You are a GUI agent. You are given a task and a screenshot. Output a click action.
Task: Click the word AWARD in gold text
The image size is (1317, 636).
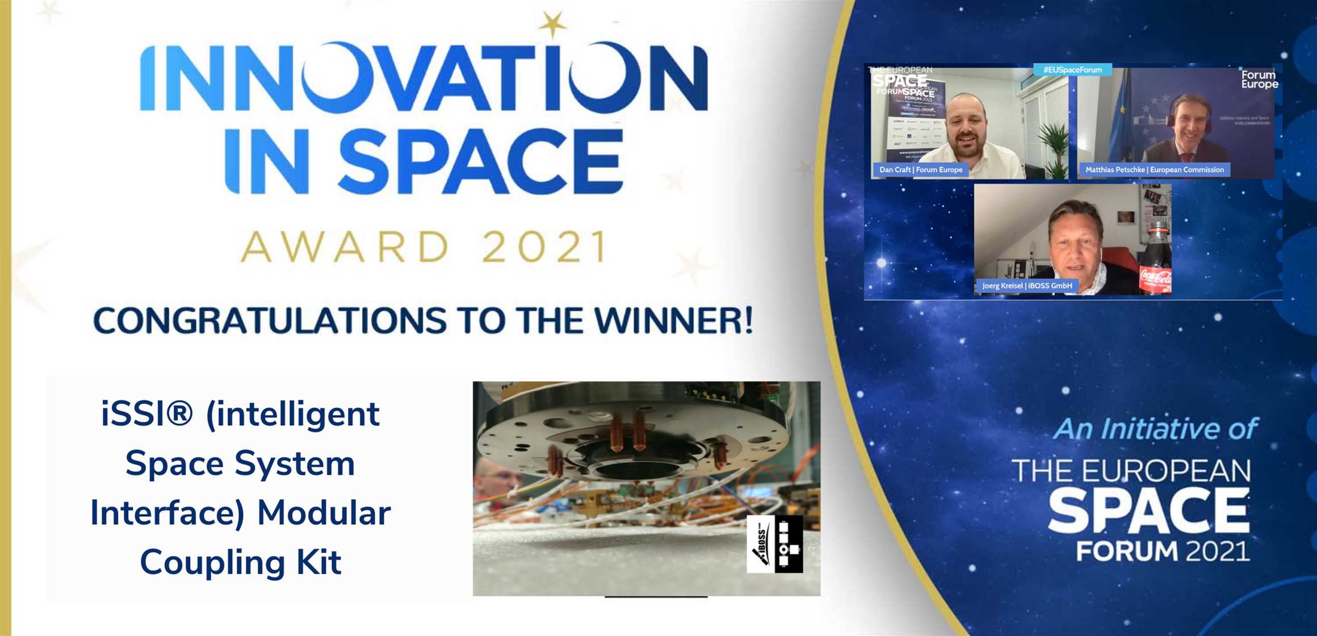pos(346,248)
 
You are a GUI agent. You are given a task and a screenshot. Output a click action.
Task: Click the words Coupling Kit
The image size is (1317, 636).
pos(241,562)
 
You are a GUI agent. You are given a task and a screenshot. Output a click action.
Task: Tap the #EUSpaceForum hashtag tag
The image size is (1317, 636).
pos(1072,70)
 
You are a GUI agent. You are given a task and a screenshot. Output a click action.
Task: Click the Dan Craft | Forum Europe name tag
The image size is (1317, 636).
pos(920,170)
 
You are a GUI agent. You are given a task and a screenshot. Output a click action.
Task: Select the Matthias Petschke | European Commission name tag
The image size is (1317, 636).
pos(1154,170)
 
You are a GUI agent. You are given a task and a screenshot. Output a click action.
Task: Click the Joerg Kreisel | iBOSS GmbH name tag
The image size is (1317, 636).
pos(1026,286)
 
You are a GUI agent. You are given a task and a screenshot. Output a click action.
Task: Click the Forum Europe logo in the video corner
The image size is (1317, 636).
pos(1259,79)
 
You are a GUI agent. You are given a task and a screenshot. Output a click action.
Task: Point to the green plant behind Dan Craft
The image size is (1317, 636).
pos(1055,142)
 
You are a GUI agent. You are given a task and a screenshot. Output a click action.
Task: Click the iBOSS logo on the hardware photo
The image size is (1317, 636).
pos(774,544)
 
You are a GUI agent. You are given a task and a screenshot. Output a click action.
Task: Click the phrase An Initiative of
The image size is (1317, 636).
pos(1155,429)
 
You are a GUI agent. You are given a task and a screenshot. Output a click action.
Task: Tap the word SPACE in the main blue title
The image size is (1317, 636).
pos(480,162)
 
